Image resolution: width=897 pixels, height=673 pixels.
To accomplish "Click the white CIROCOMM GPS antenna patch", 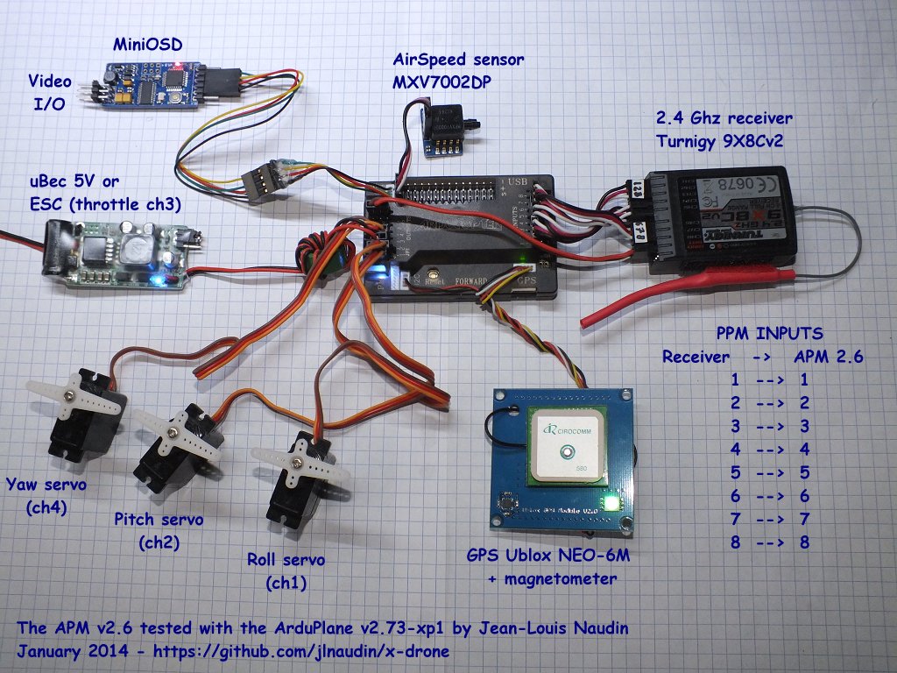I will (x=566, y=446).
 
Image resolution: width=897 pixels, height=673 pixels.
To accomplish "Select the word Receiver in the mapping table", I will (x=696, y=357).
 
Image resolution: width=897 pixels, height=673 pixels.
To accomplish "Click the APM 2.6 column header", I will (x=829, y=357).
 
